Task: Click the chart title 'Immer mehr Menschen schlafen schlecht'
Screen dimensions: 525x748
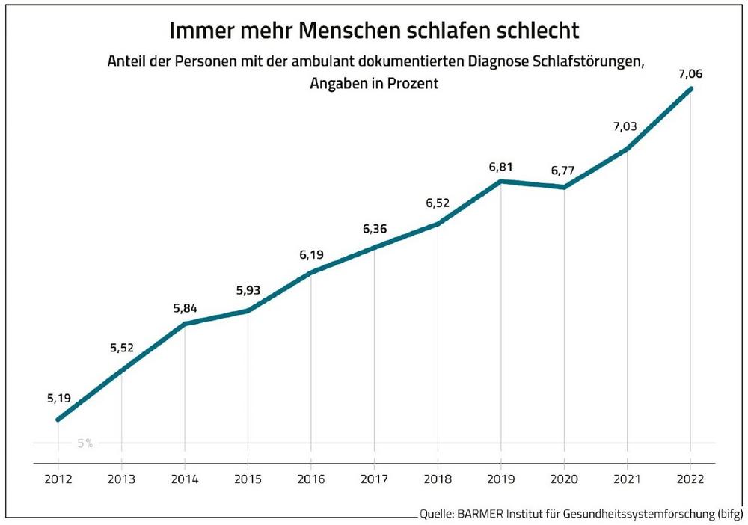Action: (x=374, y=32)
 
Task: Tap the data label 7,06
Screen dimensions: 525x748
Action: (x=690, y=73)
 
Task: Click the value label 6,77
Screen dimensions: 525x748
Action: (x=562, y=171)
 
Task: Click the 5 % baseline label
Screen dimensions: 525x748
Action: (x=85, y=443)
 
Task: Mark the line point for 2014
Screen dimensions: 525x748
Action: (x=184, y=323)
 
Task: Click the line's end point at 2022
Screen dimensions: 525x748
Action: (x=690, y=89)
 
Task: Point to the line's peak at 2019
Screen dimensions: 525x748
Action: (x=500, y=181)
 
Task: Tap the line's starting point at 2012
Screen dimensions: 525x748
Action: (x=58, y=420)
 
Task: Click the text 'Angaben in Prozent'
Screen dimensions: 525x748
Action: (x=374, y=85)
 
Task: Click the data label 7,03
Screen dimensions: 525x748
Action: (x=626, y=128)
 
